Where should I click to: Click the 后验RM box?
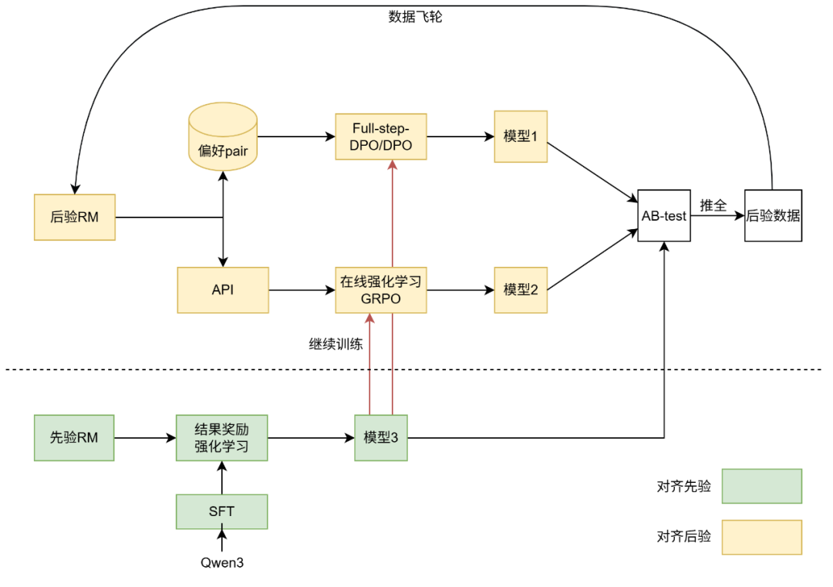75,217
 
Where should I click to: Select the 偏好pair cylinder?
222,140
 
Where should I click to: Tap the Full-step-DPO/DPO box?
380,137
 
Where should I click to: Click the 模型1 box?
521,137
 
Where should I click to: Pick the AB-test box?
663,216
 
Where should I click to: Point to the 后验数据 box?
773,216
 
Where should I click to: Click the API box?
223,290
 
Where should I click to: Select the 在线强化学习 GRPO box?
380,290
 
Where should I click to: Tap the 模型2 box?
521,290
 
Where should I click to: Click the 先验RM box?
74,438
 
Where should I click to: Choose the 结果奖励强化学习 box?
222,438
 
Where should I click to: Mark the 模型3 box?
381,438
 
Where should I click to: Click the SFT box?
222,511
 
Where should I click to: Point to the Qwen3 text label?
222,562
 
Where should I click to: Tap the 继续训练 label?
335,343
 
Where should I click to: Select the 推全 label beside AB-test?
713,206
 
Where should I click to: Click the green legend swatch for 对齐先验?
761,486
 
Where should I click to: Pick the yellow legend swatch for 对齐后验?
761,537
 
